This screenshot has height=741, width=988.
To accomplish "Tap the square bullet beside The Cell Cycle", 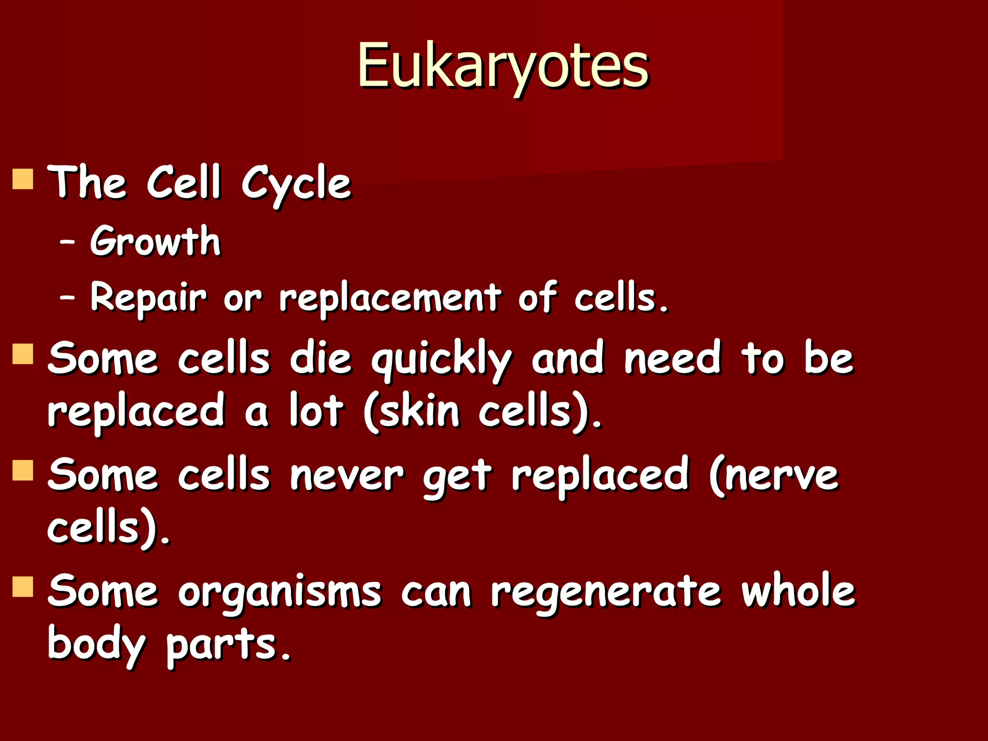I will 23,178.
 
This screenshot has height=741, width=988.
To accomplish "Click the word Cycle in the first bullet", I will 296,184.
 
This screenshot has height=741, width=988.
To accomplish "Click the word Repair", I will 149,298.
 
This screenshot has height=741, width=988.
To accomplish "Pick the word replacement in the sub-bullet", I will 390,298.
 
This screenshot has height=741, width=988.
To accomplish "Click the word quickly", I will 441,360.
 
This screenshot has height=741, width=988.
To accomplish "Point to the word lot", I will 316,412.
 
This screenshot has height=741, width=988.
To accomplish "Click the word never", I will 347,476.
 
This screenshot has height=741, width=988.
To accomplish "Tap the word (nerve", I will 774,476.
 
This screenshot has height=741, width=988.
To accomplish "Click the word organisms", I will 280,592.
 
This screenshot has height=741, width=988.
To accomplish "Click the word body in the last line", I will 96,645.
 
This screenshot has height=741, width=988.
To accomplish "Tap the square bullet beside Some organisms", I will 23,587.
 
